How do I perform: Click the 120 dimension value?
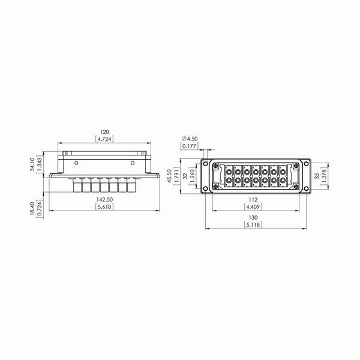(104, 132)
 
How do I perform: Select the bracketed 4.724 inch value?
(104, 139)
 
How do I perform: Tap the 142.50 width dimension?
(104, 200)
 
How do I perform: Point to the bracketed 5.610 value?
(104, 207)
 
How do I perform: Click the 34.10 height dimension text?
(32, 164)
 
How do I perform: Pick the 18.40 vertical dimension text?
(32, 208)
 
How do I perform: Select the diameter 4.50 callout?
(190, 139)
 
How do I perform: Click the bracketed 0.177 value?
(190, 146)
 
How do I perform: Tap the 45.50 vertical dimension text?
(170, 176)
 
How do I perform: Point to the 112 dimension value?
(253, 200)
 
